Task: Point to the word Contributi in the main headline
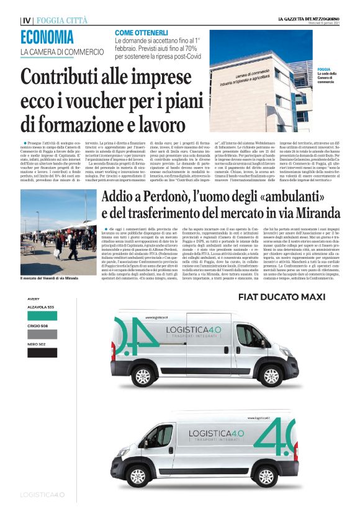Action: click(x=68, y=78)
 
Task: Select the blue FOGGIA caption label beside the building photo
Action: click(x=323, y=70)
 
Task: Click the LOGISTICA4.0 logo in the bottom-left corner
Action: click(x=43, y=495)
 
